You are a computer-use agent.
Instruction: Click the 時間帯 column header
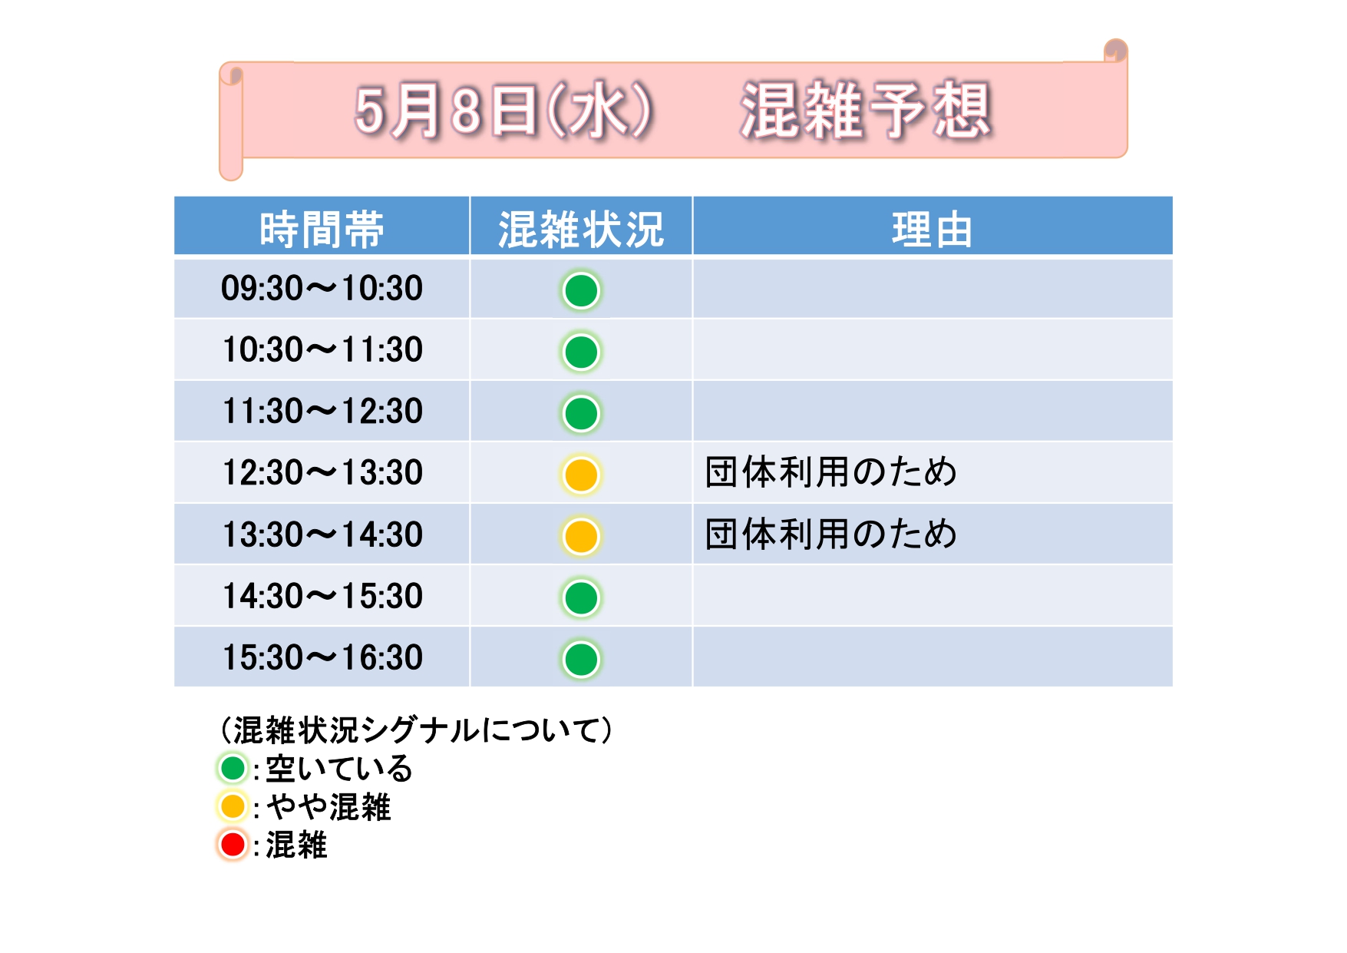point(322,229)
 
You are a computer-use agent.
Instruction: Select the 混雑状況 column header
point(581,229)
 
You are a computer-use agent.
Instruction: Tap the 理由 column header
point(932,229)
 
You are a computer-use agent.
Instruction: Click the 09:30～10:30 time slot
point(322,289)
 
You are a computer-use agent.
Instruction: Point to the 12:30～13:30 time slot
point(322,473)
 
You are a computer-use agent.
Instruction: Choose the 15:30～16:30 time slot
point(322,658)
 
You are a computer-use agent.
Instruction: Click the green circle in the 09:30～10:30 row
point(581,290)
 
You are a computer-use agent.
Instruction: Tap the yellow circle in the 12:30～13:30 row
point(581,475)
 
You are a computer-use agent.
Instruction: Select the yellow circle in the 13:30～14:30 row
point(581,536)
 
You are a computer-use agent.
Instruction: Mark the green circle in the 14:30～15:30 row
point(581,597)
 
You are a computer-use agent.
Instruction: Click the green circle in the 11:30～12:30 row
point(581,413)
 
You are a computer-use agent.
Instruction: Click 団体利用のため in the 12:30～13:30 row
point(831,472)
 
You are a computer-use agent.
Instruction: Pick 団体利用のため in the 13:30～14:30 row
point(831,534)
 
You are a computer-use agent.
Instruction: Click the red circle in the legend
point(233,845)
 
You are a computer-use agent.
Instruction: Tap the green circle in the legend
point(233,768)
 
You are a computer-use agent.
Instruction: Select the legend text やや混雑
point(328,807)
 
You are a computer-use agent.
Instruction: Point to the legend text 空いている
point(339,769)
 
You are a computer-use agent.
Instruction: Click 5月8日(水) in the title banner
point(503,111)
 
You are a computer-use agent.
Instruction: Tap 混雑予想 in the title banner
point(866,111)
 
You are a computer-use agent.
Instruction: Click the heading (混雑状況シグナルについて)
point(416,730)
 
